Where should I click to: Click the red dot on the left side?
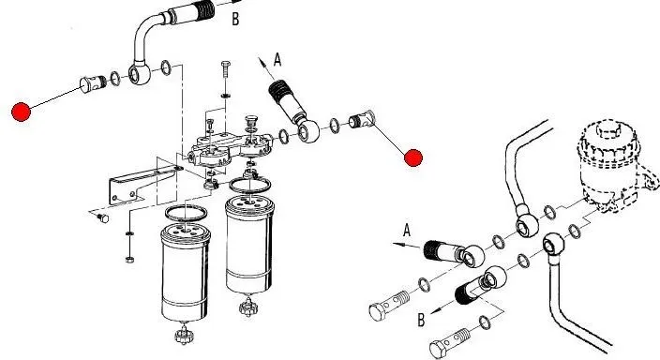coord(21,112)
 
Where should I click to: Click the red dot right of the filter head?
coord(412,157)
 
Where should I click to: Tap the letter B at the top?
coord(235,19)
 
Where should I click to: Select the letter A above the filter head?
coord(277,59)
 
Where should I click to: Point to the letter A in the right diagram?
coord(407,231)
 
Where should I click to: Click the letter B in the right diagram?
coord(421,320)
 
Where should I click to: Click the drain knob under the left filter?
coord(184,336)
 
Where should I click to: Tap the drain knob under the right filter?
coord(247,307)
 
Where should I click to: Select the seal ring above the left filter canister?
coord(186,213)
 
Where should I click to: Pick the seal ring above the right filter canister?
coord(250,185)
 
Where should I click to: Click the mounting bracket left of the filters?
coord(139,186)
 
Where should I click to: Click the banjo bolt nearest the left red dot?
coord(94,82)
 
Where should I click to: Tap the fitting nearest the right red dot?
coord(362,119)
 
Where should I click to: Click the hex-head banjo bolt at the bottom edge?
coord(450,342)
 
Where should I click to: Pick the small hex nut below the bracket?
coord(129,260)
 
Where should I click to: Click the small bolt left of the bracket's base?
coord(102,217)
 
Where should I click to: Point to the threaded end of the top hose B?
coord(206,10)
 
